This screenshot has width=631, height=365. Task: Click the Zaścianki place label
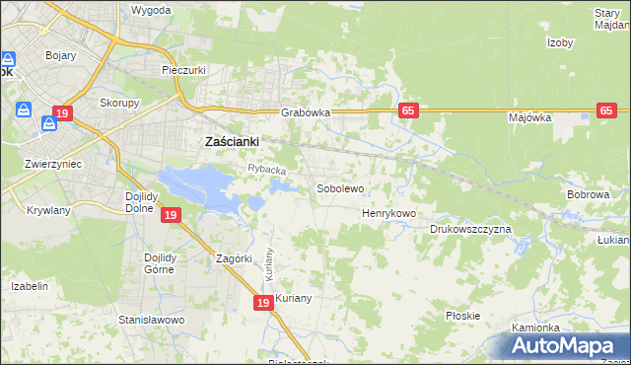click(231, 141)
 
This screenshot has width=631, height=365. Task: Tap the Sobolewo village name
click(340, 187)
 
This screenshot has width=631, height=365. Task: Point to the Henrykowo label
click(389, 213)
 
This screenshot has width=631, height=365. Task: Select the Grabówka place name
click(304, 112)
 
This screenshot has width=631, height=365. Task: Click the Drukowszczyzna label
click(470, 229)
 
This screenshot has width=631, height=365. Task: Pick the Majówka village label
click(529, 117)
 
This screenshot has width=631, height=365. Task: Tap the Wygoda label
click(151, 10)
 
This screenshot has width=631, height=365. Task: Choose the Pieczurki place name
click(182, 71)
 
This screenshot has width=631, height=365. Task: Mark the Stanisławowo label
click(152, 321)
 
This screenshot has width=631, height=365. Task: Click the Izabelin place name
click(30, 286)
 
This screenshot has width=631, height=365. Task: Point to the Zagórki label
click(236, 259)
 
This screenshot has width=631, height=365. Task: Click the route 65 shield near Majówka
click(606, 111)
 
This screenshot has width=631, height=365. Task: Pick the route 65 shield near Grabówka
click(407, 111)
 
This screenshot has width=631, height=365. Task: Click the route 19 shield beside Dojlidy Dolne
click(171, 215)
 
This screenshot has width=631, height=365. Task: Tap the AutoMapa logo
click(564, 345)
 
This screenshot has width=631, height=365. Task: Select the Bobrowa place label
click(588, 195)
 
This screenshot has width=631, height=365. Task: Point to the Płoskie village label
click(462, 316)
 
